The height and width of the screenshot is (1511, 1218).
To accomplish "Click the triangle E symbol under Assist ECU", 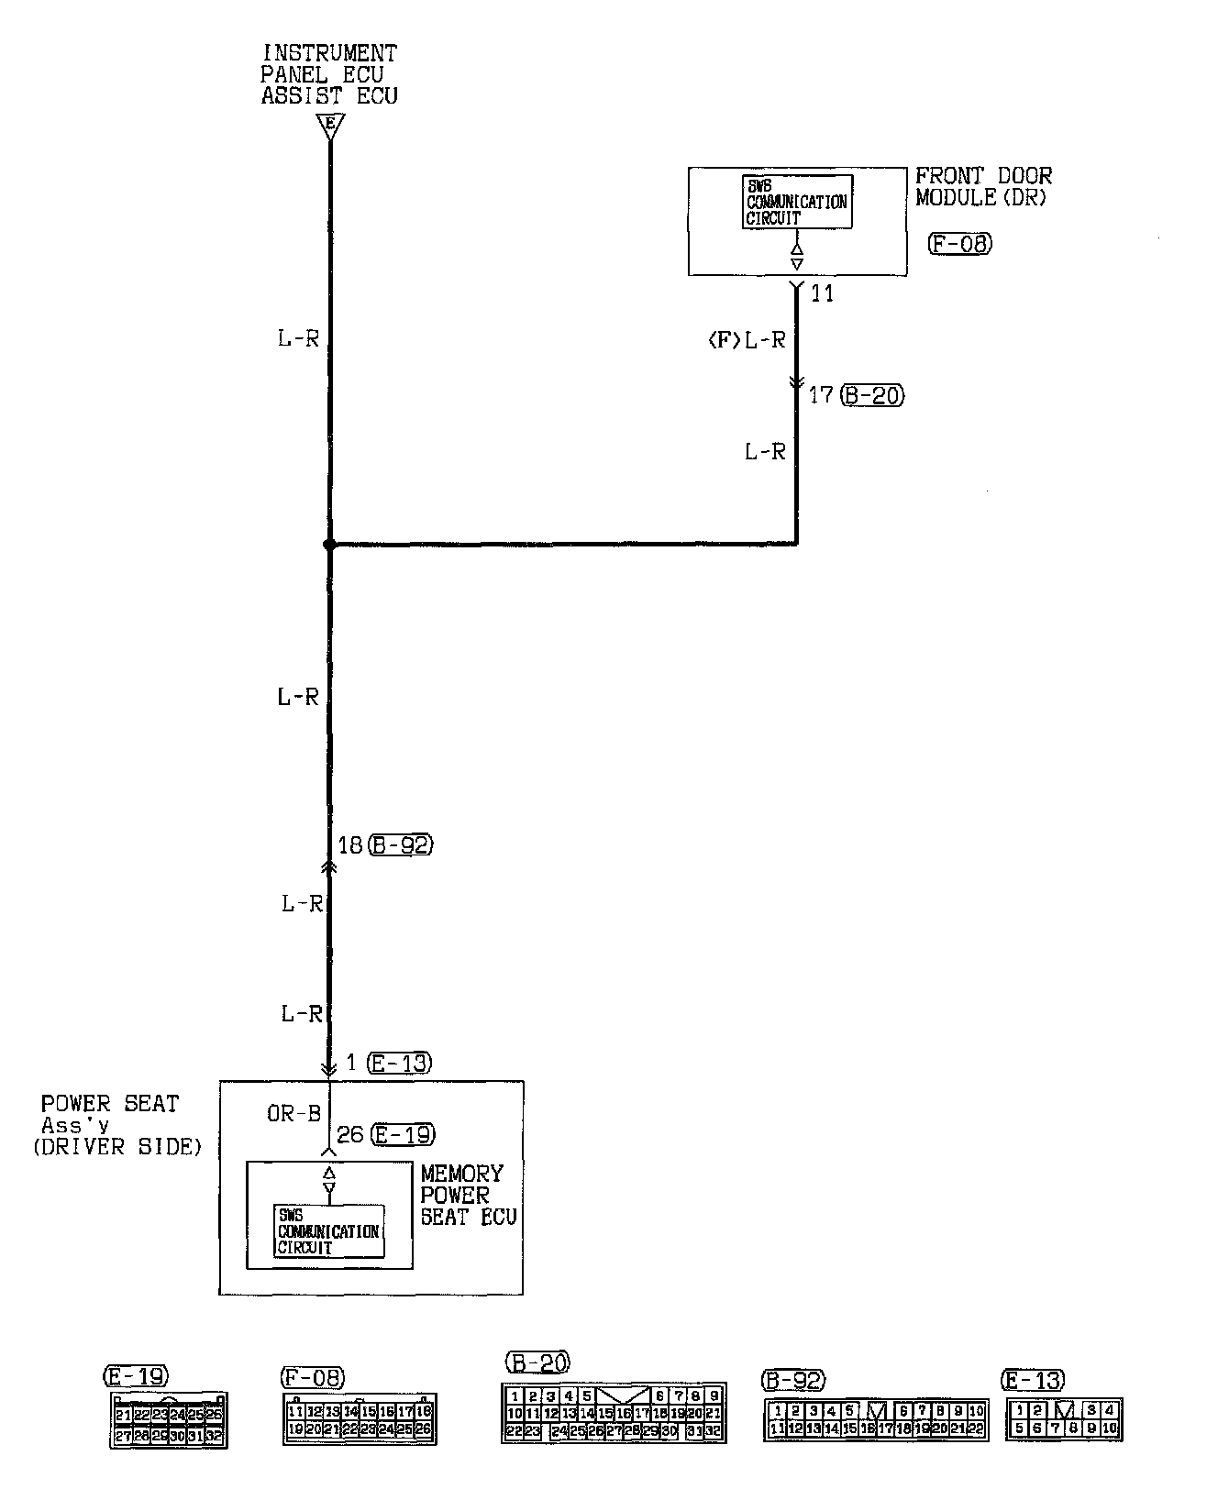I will [329, 125].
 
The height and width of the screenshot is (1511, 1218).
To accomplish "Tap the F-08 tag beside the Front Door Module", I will [959, 243].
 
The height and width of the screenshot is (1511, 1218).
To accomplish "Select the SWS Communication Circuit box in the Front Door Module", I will [796, 202].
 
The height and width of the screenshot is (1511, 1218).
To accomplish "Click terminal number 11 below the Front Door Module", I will [822, 294].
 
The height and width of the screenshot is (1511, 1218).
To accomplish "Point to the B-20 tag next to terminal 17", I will [871, 395].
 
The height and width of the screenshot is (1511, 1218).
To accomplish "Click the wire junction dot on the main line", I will [329, 545].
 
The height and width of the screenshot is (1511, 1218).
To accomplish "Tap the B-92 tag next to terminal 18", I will [400, 844].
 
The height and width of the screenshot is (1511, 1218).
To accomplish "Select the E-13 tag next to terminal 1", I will [398, 1064].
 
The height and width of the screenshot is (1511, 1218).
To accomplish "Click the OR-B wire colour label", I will [293, 1113].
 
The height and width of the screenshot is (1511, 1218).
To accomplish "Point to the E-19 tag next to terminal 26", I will [403, 1135].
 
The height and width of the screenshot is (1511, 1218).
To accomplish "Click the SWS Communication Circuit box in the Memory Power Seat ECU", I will [329, 1231].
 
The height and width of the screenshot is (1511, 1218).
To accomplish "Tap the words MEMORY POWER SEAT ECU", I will [467, 1196].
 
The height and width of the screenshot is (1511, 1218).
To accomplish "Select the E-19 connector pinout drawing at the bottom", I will [169, 1420].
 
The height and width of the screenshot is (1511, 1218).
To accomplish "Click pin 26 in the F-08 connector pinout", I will [423, 1428].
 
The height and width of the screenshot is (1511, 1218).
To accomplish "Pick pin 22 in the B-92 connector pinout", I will [975, 1428].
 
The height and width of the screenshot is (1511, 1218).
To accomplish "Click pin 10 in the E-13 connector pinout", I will [1110, 1428].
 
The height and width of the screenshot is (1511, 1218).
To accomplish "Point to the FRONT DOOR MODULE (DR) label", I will [983, 186].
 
